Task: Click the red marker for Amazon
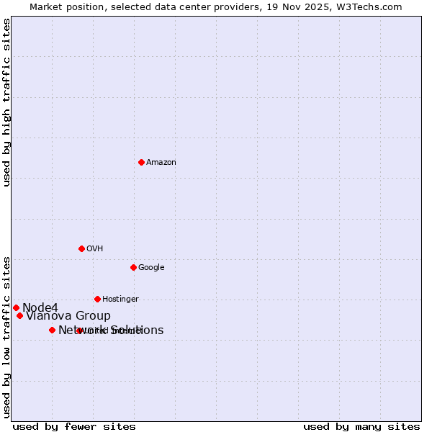(141, 162)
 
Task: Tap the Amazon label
(161, 163)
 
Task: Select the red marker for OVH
(81, 248)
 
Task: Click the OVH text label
(95, 249)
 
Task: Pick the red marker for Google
(133, 267)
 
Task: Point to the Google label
(151, 268)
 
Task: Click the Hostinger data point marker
(97, 299)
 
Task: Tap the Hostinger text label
(120, 300)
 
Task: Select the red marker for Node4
(16, 307)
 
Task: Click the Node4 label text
(40, 308)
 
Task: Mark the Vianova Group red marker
(19, 315)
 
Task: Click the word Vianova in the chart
(49, 316)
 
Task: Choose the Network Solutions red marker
(52, 330)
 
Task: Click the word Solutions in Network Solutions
(138, 330)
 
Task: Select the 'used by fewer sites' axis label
(74, 427)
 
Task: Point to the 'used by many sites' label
(361, 427)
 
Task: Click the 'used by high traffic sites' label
(7, 103)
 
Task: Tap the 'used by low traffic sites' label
(7, 336)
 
